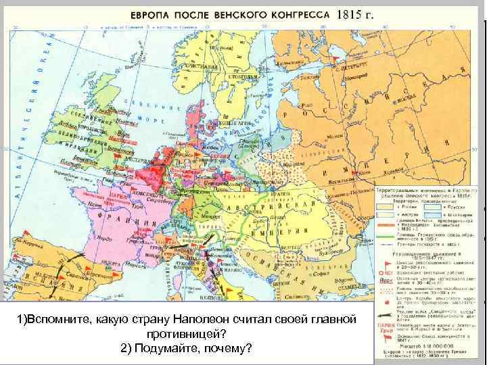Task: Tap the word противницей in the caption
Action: [x=193, y=333]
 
